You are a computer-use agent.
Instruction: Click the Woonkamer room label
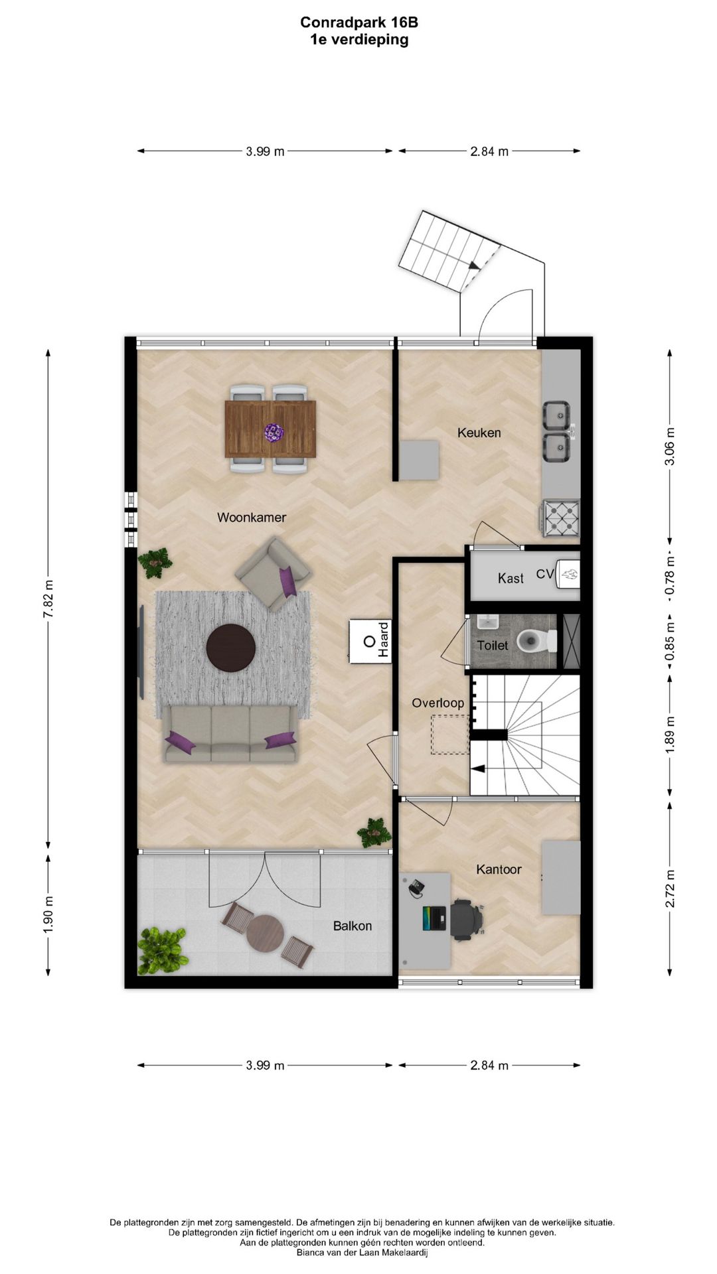(252, 518)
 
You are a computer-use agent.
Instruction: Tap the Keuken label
(479, 433)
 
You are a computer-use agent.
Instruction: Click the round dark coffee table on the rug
(230, 648)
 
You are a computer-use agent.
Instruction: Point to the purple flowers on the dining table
(274, 433)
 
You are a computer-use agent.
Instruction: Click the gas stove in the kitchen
(561, 518)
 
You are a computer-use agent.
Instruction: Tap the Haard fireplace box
(370, 641)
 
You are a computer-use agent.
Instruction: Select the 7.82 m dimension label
(48, 599)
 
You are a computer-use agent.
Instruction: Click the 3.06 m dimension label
(670, 445)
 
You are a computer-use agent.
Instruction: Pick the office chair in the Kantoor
(467, 919)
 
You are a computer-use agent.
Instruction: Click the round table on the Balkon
(266, 934)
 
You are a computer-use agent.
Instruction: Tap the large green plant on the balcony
(161, 950)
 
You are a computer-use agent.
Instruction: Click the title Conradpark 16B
(359, 23)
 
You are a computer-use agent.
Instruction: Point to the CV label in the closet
(544, 574)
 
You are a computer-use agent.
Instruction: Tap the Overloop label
(438, 703)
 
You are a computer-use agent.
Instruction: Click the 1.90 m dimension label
(48, 914)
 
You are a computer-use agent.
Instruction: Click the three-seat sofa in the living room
(230, 734)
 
